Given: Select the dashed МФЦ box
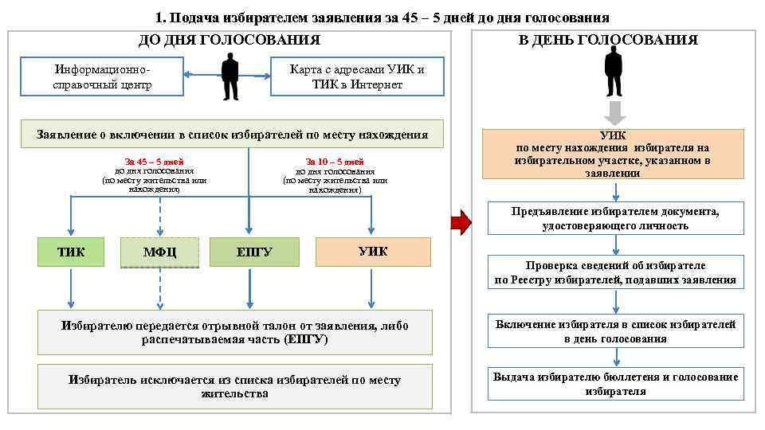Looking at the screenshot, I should pos(159,252).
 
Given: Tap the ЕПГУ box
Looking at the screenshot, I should pos(249,252).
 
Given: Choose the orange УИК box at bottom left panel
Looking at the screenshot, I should pos(373,252).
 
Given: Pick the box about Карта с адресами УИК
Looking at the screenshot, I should pos(356,77).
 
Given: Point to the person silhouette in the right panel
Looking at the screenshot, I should pos(614,71).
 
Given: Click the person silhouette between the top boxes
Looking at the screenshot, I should pos(229,76).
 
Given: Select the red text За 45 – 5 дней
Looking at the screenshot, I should pos(154,161).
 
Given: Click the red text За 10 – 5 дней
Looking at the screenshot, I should pos(335,161).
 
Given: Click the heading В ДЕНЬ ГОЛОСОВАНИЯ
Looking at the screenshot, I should pos(608,40).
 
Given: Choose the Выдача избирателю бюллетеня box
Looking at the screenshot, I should pos(614,384).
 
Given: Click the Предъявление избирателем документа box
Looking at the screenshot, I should pos(614,218).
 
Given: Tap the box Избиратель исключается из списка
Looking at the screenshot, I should pos(234,386).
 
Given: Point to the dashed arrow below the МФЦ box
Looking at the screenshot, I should pos(160,288).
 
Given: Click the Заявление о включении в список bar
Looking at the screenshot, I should pos(232,135).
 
